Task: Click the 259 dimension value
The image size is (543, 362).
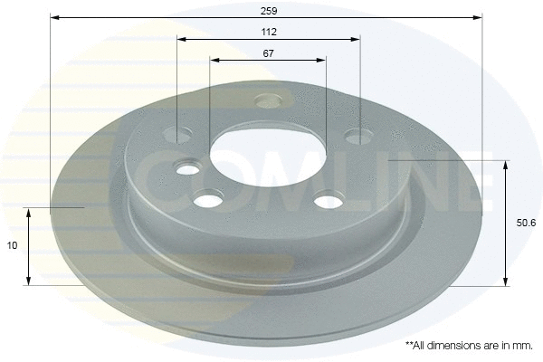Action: pyautogui.click(x=269, y=11)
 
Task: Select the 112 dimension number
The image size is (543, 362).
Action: pyautogui.click(x=269, y=33)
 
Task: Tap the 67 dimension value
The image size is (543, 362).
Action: pyautogui.click(x=268, y=53)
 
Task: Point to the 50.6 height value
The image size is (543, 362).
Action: pyautogui.click(x=526, y=224)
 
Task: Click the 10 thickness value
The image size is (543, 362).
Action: pyautogui.click(x=12, y=245)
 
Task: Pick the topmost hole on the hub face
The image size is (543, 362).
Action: pyautogui.click(x=268, y=100)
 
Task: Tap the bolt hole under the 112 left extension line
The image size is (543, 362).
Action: pyautogui.click(x=177, y=135)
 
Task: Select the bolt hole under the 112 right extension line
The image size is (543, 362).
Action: pyautogui.click(x=358, y=137)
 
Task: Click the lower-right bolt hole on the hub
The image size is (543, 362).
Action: pyautogui.click(x=329, y=202)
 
